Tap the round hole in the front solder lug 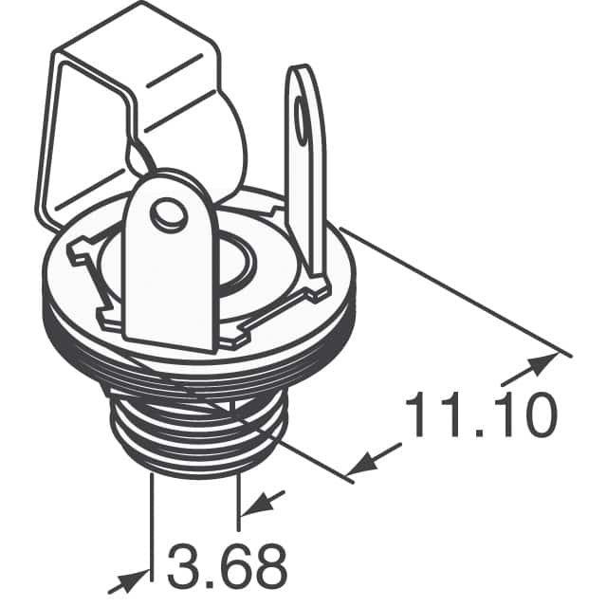170,216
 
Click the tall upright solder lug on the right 306,161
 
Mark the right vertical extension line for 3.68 238,498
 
